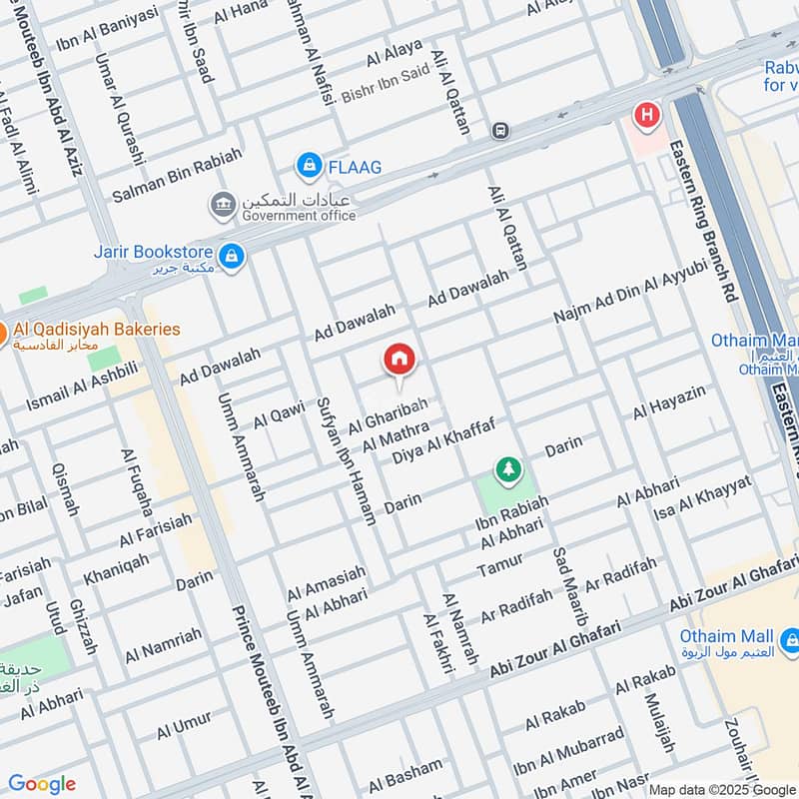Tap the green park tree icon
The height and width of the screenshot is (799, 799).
coord(508,468)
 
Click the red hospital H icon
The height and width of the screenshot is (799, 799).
coord(647,116)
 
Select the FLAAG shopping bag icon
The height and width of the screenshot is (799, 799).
coord(309,164)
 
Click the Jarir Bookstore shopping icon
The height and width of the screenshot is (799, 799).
coord(232,257)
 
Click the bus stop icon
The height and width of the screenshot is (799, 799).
coord(500,130)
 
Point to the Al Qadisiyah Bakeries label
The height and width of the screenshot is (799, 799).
coord(97,329)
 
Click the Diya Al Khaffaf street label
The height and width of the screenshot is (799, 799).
coord(443,440)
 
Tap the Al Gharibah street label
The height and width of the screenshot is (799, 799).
coord(388,416)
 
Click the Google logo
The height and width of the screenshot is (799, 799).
coord(42,784)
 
